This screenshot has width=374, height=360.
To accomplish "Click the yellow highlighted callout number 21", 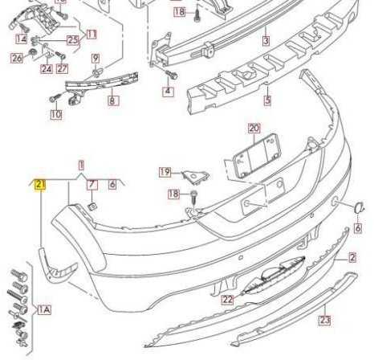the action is pyautogui.click(x=40, y=184).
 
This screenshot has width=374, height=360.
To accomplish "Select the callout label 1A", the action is pyautogui.click(x=44, y=310).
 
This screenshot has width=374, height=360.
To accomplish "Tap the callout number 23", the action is pyautogui.click(x=325, y=320).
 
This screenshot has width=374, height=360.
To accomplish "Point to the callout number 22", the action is pyautogui.click(x=228, y=299).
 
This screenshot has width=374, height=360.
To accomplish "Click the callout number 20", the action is pyautogui.click(x=254, y=129).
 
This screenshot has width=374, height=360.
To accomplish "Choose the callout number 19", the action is pyautogui.click(x=165, y=172).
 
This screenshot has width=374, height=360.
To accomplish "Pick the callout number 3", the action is pyautogui.click(x=266, y=41).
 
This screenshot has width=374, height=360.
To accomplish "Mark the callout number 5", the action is pyautogui.click(x=267, y=100).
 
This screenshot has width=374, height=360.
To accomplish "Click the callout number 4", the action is pyautogui.click(x=168, y=91).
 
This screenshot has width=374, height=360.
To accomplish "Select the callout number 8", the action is pyautogui.click(x=112, y=100).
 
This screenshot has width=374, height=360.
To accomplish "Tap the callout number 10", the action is pyautogui.click(x=56, y=115).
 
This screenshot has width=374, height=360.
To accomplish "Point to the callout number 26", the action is pyautogui.click(x=17, y=58).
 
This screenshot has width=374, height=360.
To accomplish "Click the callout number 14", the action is pyautogui.click(x=22, y=39).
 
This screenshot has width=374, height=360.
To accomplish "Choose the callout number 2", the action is pyautogui.click(x=352, y=257).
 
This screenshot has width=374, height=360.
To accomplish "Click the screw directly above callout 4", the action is pyautogui.click(x=171, y=74).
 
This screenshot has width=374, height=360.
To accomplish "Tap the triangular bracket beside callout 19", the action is pyautogui.click(x=196, y=177).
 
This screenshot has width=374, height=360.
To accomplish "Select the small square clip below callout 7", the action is pyautogui.click(x=92, y=207).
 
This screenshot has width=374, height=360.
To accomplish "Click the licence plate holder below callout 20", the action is pyautogui.click(x=256, y=157).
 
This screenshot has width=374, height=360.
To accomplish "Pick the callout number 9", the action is pyautogui.click(x=96, y=58).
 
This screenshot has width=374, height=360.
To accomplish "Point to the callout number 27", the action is pyautogui.click(x=62, y=69).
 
